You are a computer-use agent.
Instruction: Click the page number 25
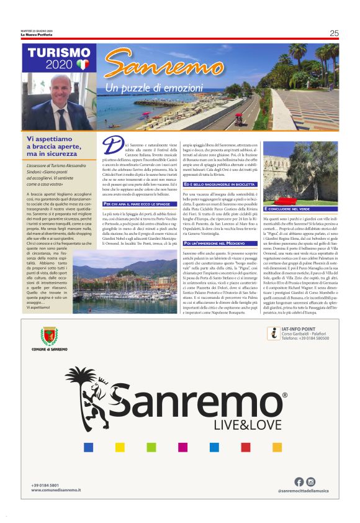pyautogui.click(x=334, y=34)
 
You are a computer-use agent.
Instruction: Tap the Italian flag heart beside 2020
pyautogui.click(x=83, y=64)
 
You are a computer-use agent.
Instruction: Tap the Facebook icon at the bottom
pyautogui.click(x=299, y=481)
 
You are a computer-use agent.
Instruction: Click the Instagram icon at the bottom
pyautogui.click(x=311, y=481)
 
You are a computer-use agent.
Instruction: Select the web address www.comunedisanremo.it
pyautogui.click(x=56, y=491)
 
